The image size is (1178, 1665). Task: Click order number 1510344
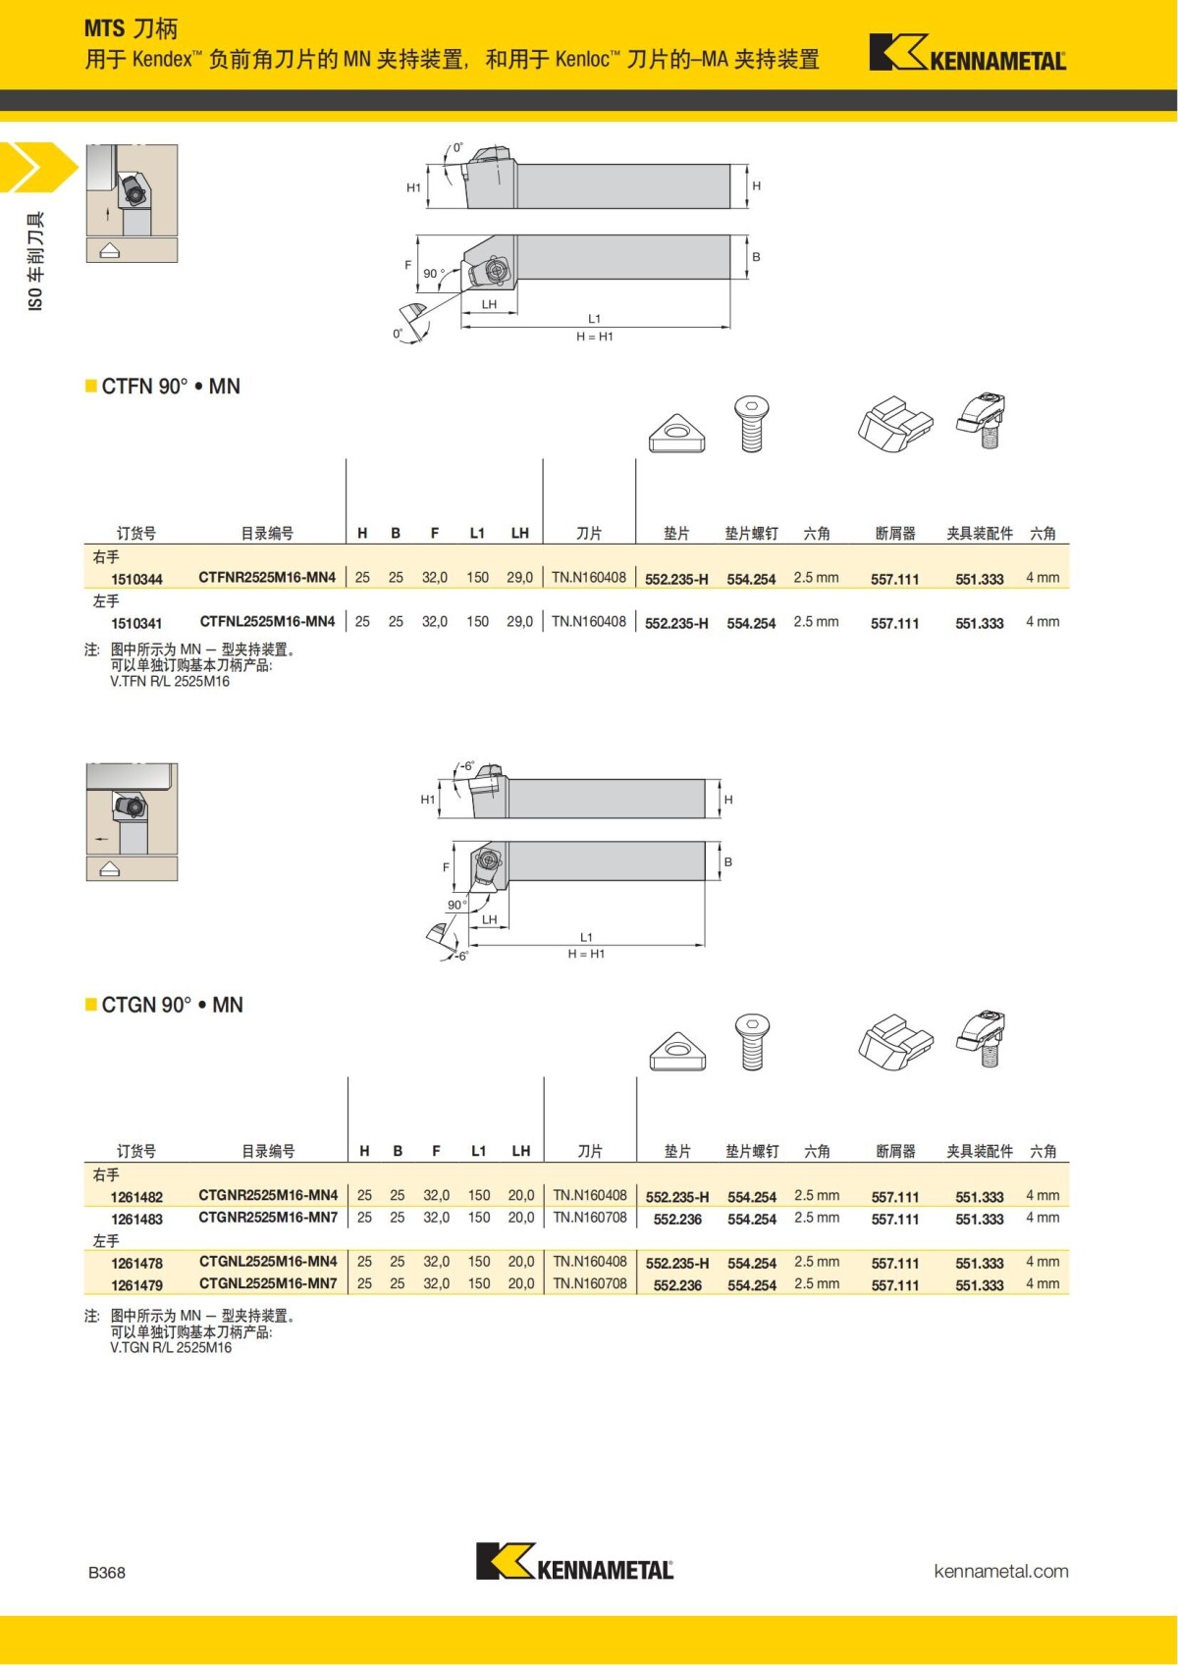(136, 579)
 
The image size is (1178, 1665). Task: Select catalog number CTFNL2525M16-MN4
(267, 621)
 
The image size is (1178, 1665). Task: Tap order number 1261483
(136, 1219)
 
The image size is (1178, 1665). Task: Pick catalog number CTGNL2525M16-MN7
(268, 1283)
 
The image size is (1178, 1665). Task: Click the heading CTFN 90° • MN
(171, 387)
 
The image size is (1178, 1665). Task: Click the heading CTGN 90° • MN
(172, 1005)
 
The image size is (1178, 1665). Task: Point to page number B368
(107, 1572)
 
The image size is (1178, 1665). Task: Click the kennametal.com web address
(1000, 1571)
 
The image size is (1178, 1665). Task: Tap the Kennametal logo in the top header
(967, 54)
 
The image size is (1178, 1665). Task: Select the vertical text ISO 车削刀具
(36, 262)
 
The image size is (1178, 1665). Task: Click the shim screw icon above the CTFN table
(752, 423)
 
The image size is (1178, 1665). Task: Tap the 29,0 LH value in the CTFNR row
(519, 577)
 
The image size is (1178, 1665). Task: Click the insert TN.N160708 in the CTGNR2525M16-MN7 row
(590, 1218)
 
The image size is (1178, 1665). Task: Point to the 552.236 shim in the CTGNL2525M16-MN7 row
(677, 1285)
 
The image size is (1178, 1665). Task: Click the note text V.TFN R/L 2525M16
(170, 681)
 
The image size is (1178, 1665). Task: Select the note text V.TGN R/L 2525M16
(171, 1347)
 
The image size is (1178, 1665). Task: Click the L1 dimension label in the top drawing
(594, 318)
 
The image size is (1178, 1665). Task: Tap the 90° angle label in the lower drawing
(457, 905)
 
